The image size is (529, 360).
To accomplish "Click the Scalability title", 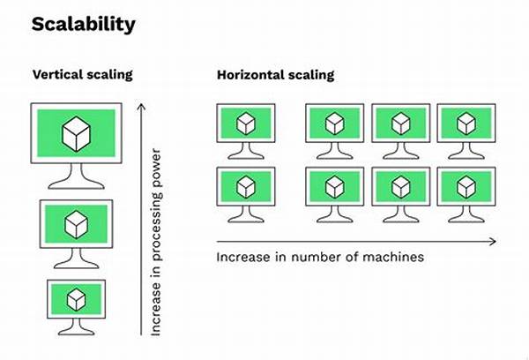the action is (84, 25).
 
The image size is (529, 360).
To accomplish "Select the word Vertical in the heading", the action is (57, 74).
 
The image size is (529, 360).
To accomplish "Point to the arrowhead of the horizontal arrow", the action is (493, 242).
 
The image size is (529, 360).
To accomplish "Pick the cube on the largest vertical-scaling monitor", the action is (76, 134).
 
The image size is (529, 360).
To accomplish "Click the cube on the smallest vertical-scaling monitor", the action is (76, 299).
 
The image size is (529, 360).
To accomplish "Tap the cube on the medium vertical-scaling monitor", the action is (76, 225).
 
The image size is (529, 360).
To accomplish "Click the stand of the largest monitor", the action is (76, 176).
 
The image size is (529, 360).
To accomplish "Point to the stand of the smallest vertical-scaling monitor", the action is (76, 326).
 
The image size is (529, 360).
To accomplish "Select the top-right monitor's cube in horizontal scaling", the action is (466, 124).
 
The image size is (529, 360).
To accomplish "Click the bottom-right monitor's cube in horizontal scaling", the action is (466, 187).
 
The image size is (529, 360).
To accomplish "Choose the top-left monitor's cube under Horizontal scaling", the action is (246, 124).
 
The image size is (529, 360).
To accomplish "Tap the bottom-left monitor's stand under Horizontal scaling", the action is (246, 214).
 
